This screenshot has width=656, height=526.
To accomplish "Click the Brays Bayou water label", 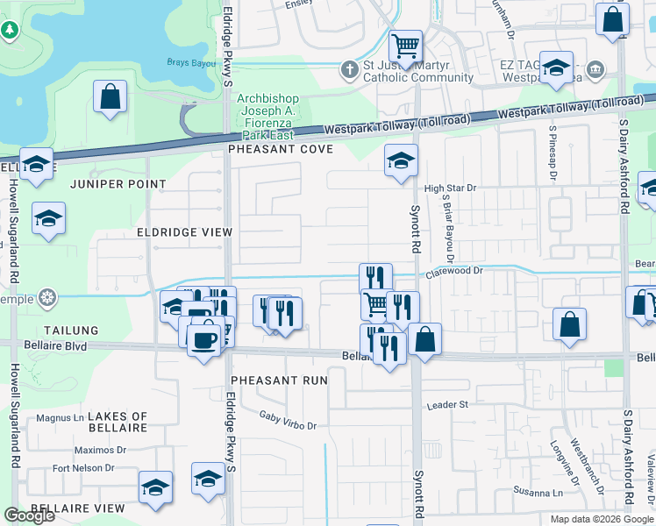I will pos(192,62).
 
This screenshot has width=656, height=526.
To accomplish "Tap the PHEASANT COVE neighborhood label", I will pos(281,150).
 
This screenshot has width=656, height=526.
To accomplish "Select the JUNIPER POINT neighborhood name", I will pos(125,184).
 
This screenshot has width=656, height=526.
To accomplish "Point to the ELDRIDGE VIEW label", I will pos(184,232).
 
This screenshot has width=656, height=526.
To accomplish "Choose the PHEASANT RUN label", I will pos(279,380).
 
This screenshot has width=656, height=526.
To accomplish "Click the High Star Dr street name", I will pos(449,188).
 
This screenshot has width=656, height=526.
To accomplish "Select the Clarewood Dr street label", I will pos(454,272).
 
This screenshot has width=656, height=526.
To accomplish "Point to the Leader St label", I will pos(447,405).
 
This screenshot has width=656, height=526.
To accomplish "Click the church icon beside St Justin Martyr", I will pos(349,69).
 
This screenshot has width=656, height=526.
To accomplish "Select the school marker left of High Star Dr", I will pos(401,160).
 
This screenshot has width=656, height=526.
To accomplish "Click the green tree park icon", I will pos(10,30).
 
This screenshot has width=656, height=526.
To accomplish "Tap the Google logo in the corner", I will pos(30,515).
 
